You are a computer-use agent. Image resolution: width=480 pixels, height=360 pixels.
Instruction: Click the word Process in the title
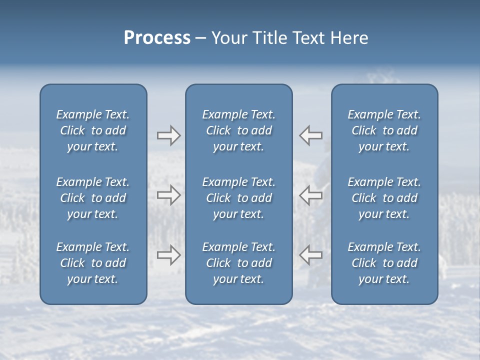[x=157, y=38]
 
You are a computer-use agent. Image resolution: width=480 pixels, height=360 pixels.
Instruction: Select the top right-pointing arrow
[x=168, y=135]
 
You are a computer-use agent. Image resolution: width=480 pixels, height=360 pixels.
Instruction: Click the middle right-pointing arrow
[x=168, y=195]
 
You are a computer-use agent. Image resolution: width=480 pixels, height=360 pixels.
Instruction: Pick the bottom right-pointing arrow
[x=168, y=254]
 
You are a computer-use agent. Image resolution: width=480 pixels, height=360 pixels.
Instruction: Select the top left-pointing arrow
[x=311, y=135]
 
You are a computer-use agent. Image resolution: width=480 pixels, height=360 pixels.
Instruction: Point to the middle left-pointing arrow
[x=311, y=195]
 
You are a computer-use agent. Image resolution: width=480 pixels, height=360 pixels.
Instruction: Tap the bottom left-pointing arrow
[x=311, y=254]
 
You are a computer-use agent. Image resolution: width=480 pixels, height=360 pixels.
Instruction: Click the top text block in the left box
[x=93, y=130]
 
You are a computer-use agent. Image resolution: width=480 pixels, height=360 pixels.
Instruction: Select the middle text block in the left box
[x=93, y=198]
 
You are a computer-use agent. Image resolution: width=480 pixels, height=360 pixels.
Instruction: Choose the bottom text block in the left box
[x=93, y=263]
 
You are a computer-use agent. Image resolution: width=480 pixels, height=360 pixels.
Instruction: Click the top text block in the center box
[x=238, y=130]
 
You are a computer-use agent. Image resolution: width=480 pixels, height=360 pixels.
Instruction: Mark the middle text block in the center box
[x=238, y=198]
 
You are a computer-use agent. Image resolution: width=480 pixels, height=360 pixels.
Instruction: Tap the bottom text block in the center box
[x=238, y=263]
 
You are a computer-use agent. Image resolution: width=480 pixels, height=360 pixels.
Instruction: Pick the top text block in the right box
[x=384, y=130]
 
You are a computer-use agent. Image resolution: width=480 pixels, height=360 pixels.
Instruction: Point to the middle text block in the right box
[x=384, y=198]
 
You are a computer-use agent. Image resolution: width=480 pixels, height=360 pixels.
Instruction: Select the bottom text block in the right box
[x=384, y=263]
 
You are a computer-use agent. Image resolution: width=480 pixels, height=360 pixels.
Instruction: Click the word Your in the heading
[x=228, y=38]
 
